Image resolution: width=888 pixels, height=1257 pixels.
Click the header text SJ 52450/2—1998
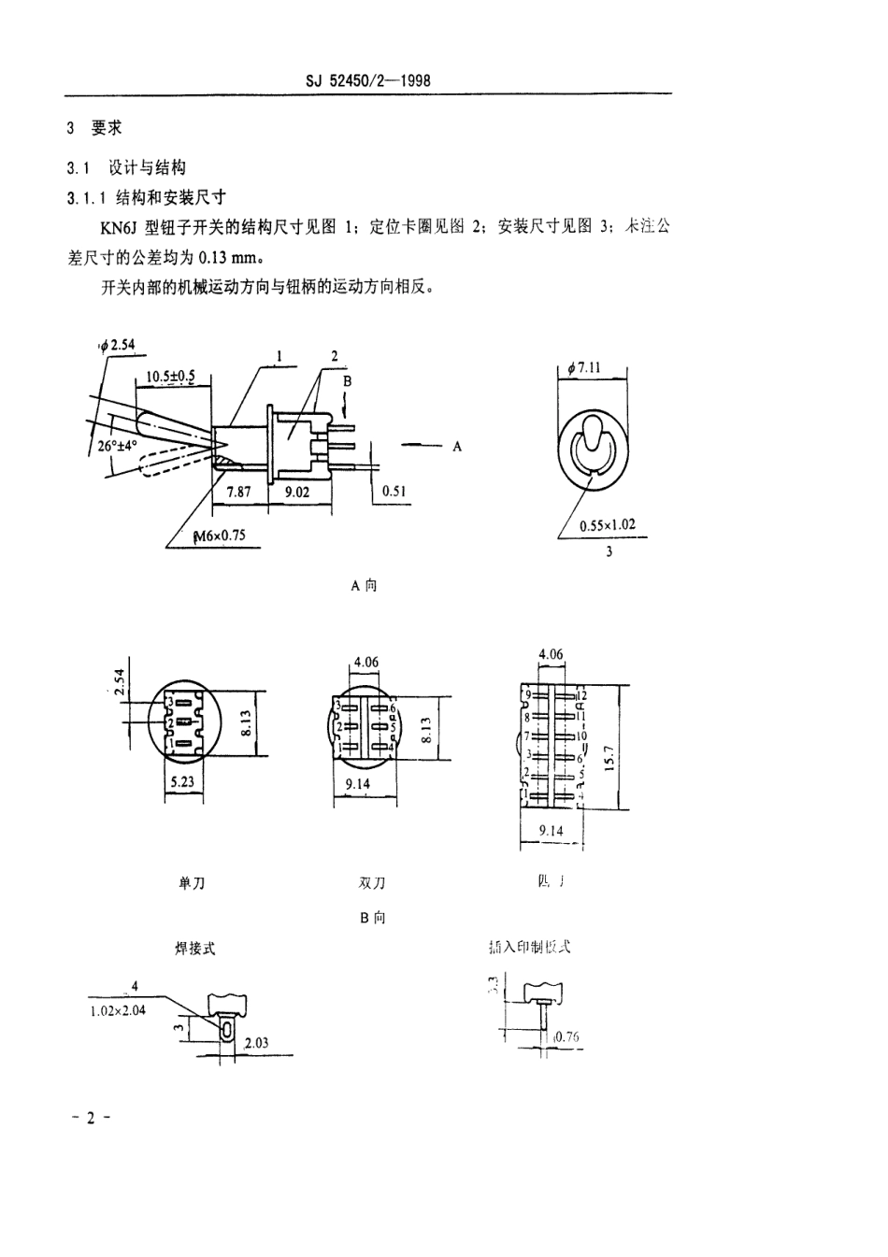click(367, 81)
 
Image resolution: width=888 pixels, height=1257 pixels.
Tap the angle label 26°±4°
click(117, 446)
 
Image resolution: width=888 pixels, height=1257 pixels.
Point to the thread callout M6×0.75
click(218, 536)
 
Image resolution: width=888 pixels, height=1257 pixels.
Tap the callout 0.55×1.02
click(607, 524)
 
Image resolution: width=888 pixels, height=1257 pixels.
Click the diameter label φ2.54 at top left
click(119, 345)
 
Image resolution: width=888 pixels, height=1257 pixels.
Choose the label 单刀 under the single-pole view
click(191, 882)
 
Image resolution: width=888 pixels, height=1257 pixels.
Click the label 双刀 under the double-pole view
click(371, 882)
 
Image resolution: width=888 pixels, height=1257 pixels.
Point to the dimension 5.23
click(182, 781)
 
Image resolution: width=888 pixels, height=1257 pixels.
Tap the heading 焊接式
click(195, 948)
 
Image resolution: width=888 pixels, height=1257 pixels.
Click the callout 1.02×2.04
click(119, 1010)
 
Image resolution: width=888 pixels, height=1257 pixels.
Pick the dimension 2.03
click(256, 1042)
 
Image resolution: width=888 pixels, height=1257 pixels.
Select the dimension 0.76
click(567, 1036)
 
